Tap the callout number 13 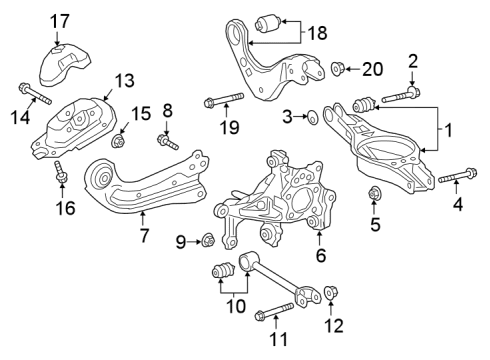click(123, 80)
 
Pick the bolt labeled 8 click(170, 143)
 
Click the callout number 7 click(144, 237)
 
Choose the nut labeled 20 click(340, 69)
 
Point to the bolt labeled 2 click(397, 97)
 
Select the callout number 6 click(320, 255)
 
